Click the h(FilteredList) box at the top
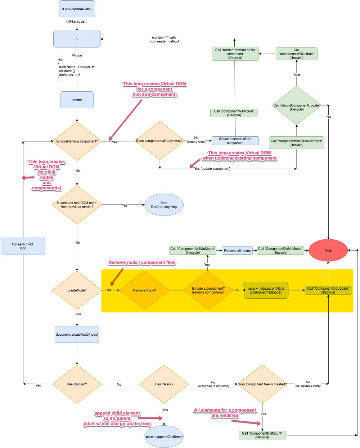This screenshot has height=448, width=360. pyautogui.click(x=77, y=9)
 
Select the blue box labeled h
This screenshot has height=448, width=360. pyautogui.click(x=77, y=39)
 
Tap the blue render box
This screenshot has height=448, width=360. pyautogui.click(x=77, y=100)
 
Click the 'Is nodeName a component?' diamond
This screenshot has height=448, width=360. pyautogui.click(x=77, y=141)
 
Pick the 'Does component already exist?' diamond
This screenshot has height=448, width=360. pyautogui.click(x=160, y=141)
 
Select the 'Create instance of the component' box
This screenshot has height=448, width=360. pyautogui.click(x=235, y=141)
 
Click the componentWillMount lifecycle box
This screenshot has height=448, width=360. pyautogui.click(x=234, y=113)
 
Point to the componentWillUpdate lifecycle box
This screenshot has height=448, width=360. pyautogui.click(x=296, y=54)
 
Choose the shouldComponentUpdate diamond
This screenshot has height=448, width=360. pyautogui.click(x=296, y=105)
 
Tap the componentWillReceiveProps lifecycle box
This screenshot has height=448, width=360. pyautogui.click(x=296, y=142)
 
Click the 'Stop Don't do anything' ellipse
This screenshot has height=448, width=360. pyautogui.click(x=164, y=205)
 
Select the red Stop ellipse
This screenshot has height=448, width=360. pyautogui.click(x=328, y=250)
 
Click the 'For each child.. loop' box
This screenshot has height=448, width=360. pyautogui.click(x=23, y=246)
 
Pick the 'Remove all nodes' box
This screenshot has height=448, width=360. pyautogui.click(x=237, y=250)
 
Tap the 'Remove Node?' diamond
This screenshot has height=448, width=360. pyautogui.click(x=145, y=290)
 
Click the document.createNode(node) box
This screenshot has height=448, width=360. pyautogui.click(x=77, y=334)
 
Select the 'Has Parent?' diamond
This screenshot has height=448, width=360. pyautogui.click(x=164, y=384)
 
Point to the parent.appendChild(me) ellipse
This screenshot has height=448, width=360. pyautogui.click(x=164, y=436)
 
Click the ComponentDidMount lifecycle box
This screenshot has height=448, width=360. pyautogui.click(x=262, y=435)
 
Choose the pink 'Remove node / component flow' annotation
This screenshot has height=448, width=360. pyautogui.click(x=142, y=262)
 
